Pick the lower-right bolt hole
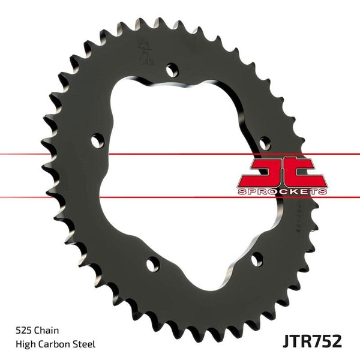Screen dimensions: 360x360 click(257, 259)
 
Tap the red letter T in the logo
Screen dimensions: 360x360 click(306, 171)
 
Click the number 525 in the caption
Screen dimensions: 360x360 click(22, 331)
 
